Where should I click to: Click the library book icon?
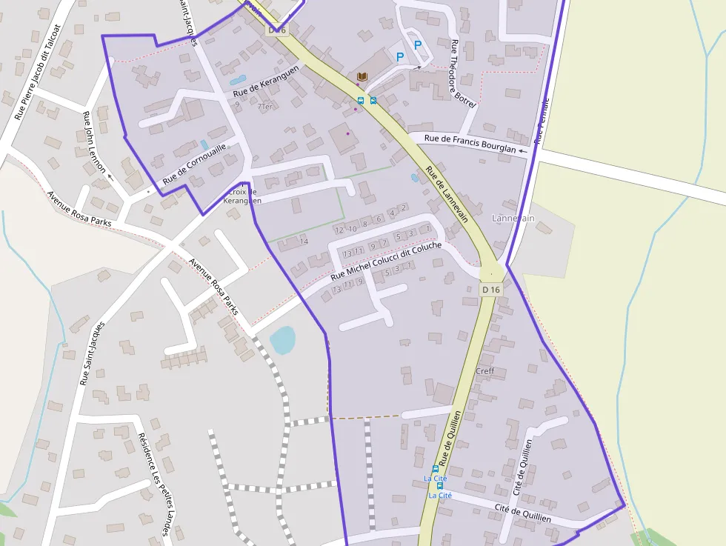362,77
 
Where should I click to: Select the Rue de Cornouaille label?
194,164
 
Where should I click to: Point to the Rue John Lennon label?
95,142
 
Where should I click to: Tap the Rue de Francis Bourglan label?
470,144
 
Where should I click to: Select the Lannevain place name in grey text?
513,219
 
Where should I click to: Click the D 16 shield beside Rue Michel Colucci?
491,290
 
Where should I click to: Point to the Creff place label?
485,371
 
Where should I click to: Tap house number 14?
304,242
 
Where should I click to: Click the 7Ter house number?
264,106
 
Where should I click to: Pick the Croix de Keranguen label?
242,196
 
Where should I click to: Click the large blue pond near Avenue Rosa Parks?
282,341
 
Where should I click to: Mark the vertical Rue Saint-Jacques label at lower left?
90,353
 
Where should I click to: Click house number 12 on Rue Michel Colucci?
339,230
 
